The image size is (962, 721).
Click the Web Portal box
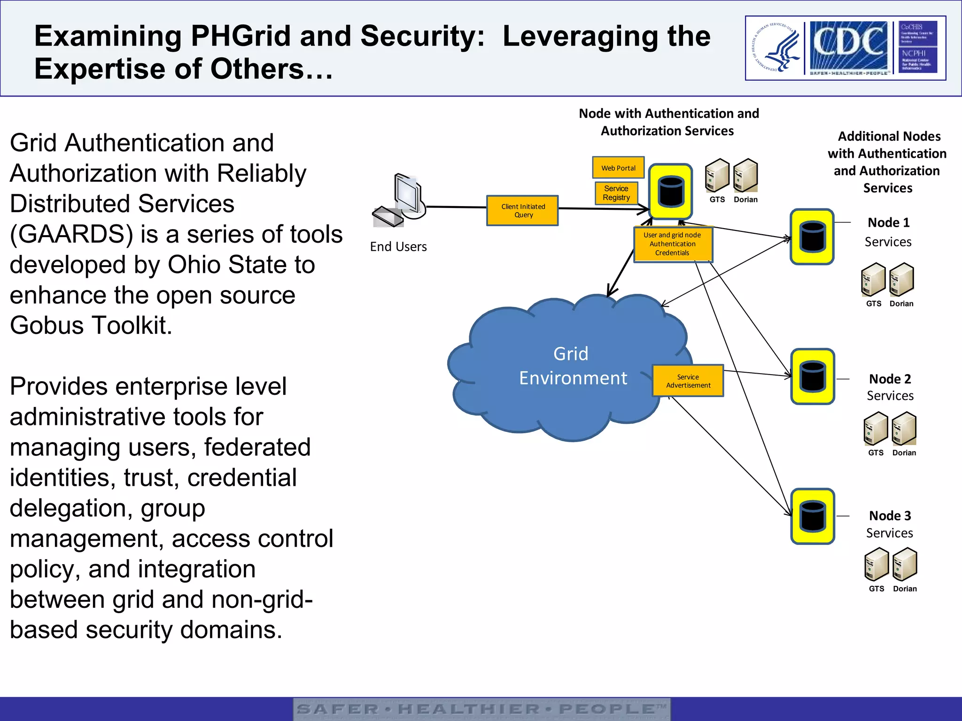coord(618,168)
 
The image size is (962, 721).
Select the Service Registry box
coord(616,193)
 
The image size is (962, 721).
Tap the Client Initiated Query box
coord(523,211)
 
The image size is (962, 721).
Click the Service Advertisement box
coord(688,381)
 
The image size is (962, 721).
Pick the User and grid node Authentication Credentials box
coord(672,244)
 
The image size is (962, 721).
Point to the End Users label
coord(398,247)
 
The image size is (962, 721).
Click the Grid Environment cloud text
coord(572,366)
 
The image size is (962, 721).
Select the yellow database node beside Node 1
coord(812,237)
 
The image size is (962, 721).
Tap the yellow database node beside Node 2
coord(812,376)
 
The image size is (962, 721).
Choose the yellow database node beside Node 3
coord(812,516)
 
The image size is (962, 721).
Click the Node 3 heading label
coord(890,515)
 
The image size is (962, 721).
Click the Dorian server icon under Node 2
coord(904,429)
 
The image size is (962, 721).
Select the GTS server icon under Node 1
coord(873,280)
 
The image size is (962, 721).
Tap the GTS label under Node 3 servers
coord(877,589)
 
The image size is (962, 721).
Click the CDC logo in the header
coord(848,46)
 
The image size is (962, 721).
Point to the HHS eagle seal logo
coord(776,48)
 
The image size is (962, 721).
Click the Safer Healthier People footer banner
coord(481,709)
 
